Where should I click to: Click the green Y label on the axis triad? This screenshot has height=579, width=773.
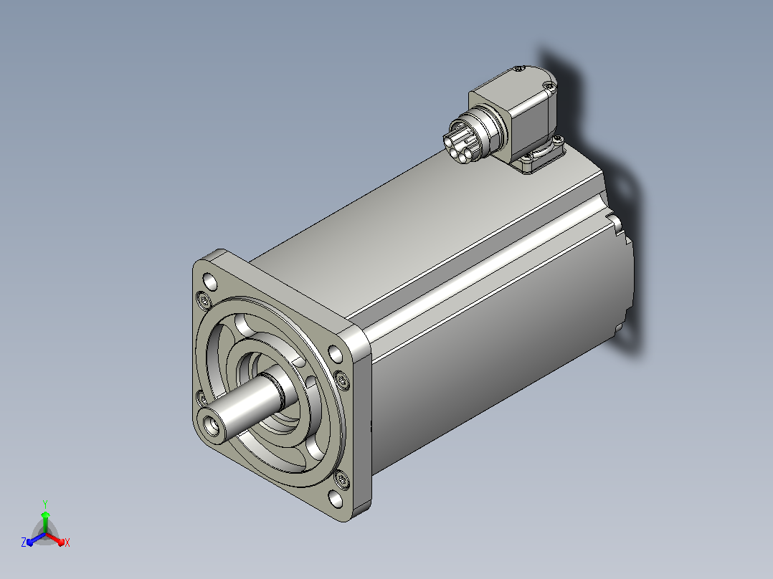pos(45,504)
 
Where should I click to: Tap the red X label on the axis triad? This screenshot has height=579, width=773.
pos(67,542)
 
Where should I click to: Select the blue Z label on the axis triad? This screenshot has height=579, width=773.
pos(23,542)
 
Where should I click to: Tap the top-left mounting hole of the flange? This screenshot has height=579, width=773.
pos(211,282)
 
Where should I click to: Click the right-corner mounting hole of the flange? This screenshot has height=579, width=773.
pos(336,354)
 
